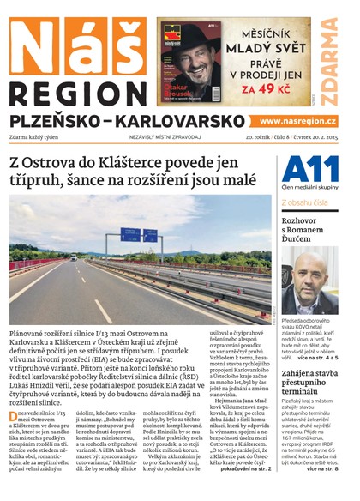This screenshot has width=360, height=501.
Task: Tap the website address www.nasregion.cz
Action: [x=297, y=122]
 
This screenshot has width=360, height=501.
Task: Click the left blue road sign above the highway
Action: [x=130, y=233]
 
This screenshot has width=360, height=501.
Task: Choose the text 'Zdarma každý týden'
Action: [x=37, y=137]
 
